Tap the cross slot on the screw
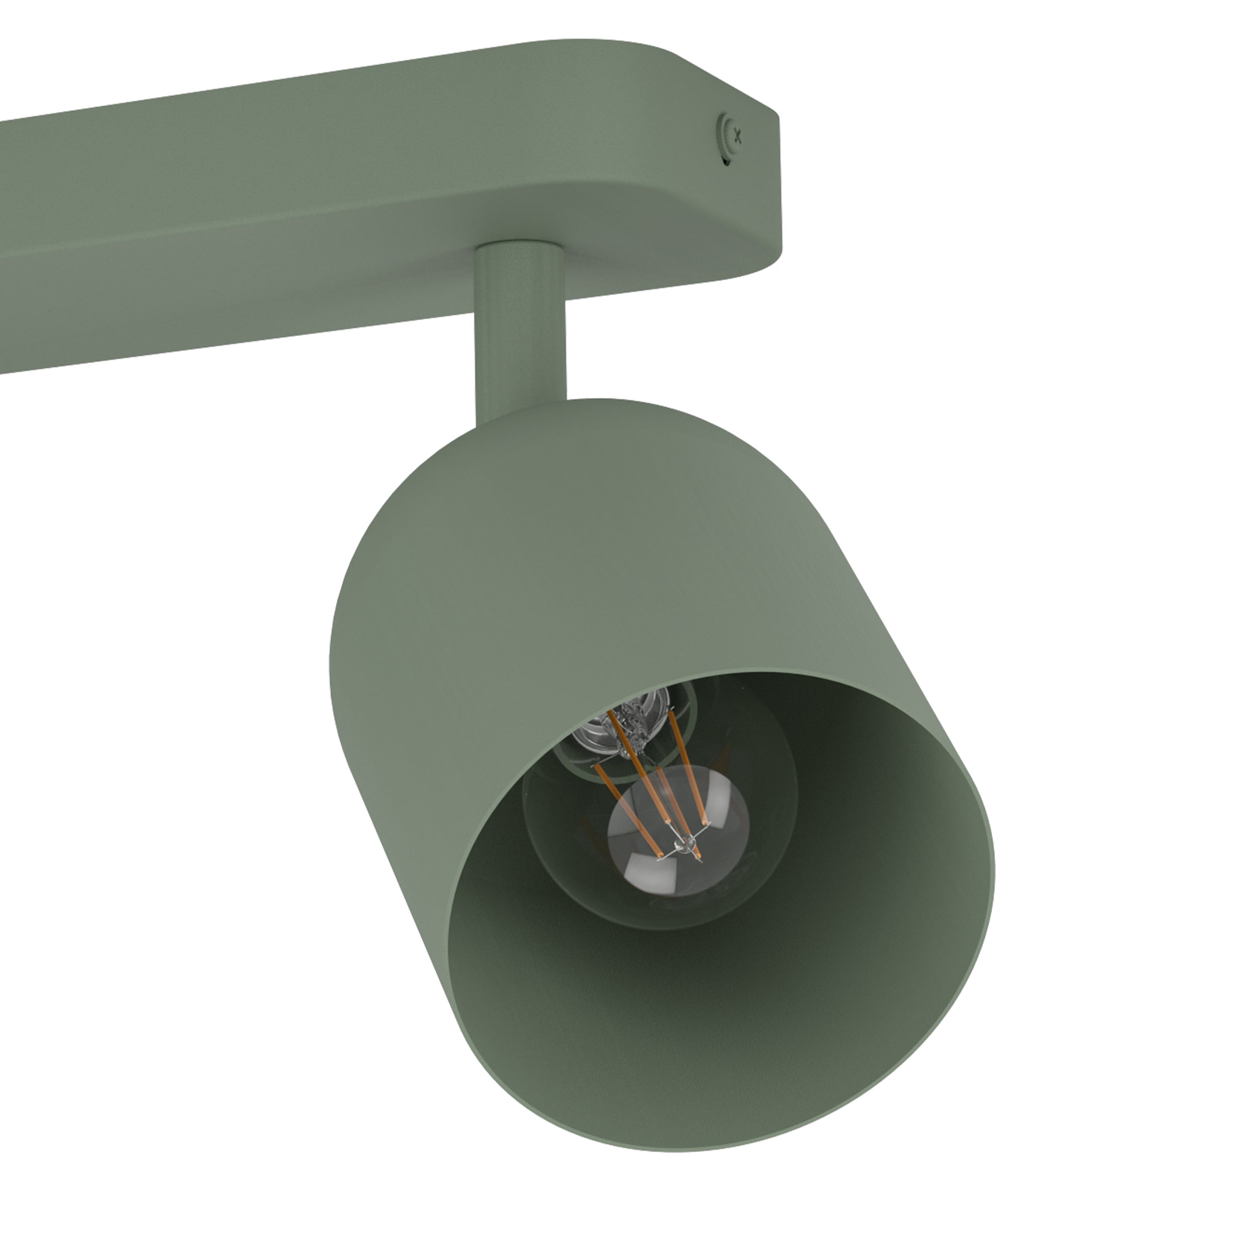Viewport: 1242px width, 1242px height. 738,136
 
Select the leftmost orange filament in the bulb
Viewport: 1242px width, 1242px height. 627,809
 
